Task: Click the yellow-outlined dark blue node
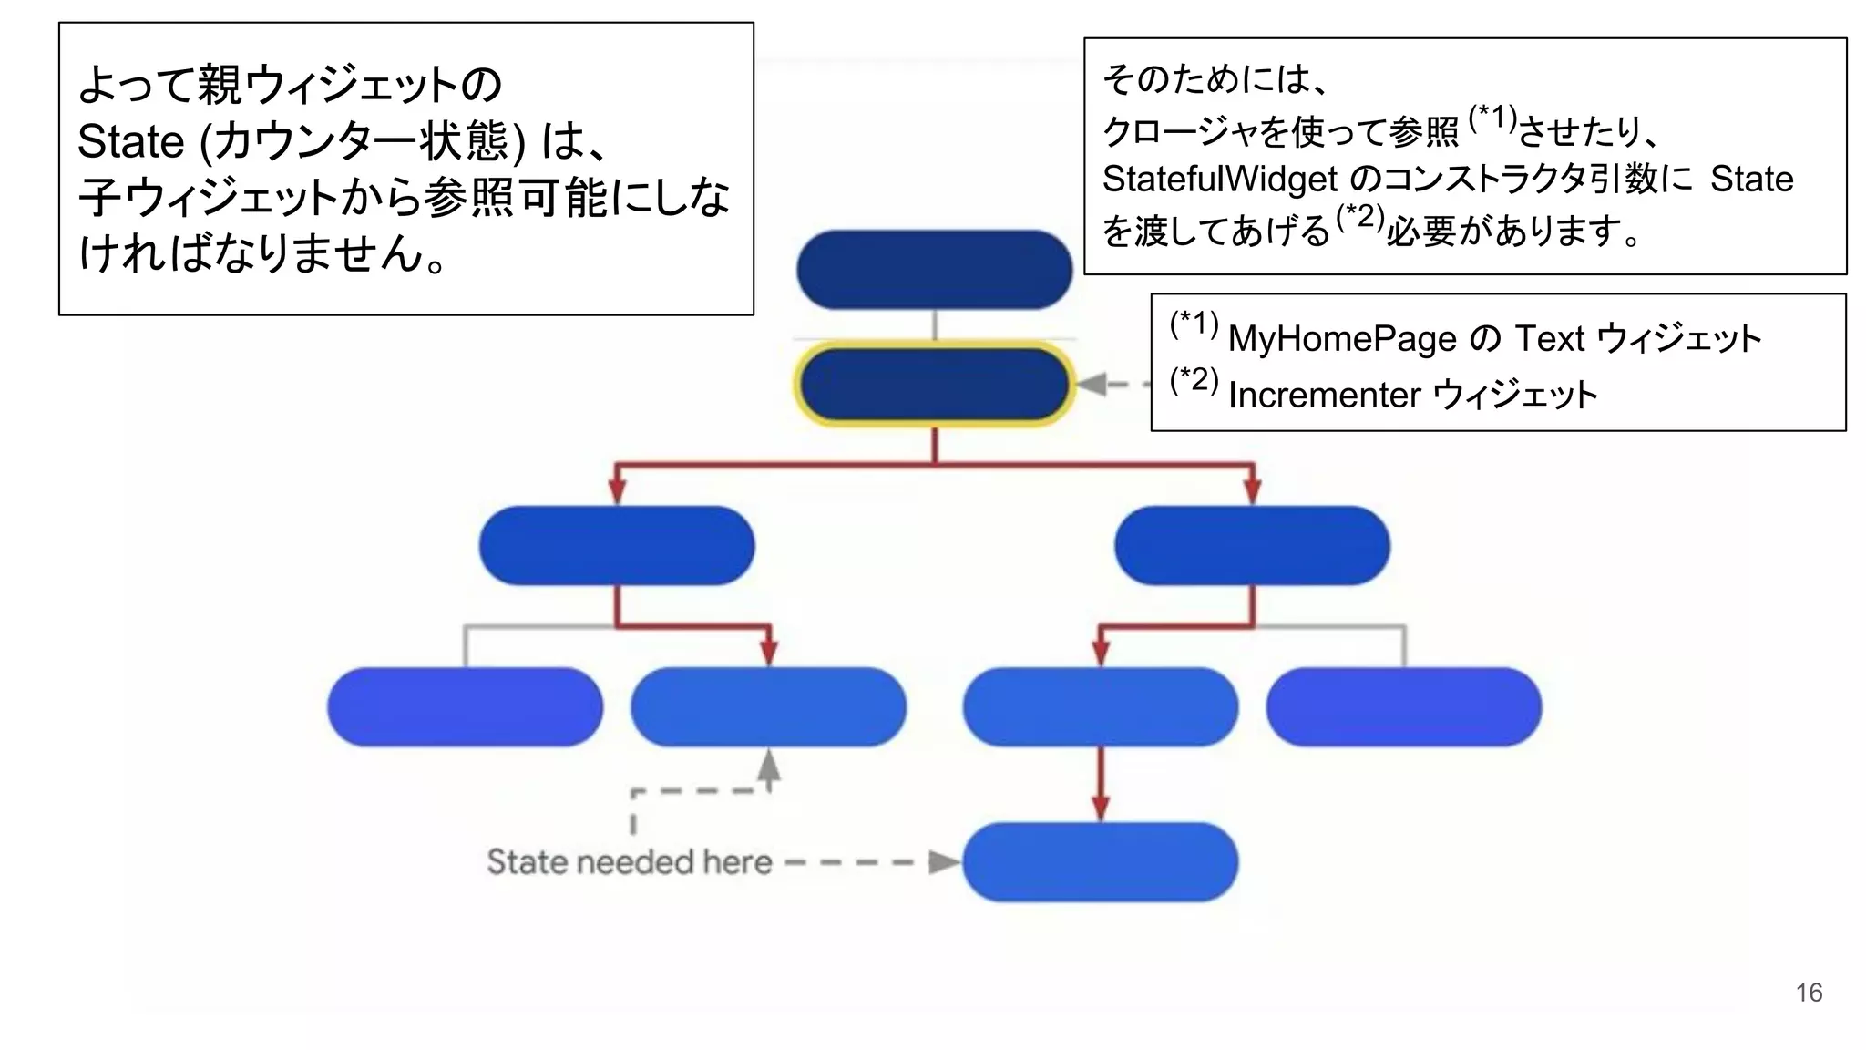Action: pos(934,384)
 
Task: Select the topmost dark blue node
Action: pos(934,270)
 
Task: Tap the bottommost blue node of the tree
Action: pos(1100,861)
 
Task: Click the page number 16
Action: pos(1809,993)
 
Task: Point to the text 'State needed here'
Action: pos(629,861)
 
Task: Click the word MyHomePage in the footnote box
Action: pos(1342,339)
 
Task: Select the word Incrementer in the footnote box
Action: pos(1324,396)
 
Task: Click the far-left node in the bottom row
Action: pos(465,707)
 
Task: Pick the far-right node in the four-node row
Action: pos(1403,707)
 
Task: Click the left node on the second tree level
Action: pos(617,545)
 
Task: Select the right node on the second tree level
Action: pos(1252,545)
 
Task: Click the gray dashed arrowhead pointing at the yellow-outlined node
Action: pos(1092,384)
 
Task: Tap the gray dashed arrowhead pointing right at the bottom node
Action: pos(944,861)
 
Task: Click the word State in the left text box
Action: pos(130,142)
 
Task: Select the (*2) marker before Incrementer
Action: pos(1194,380)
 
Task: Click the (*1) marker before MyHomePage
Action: pos(1194,324)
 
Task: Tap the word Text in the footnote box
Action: pos(1549,339)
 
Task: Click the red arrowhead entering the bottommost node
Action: pos(1100,808)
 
